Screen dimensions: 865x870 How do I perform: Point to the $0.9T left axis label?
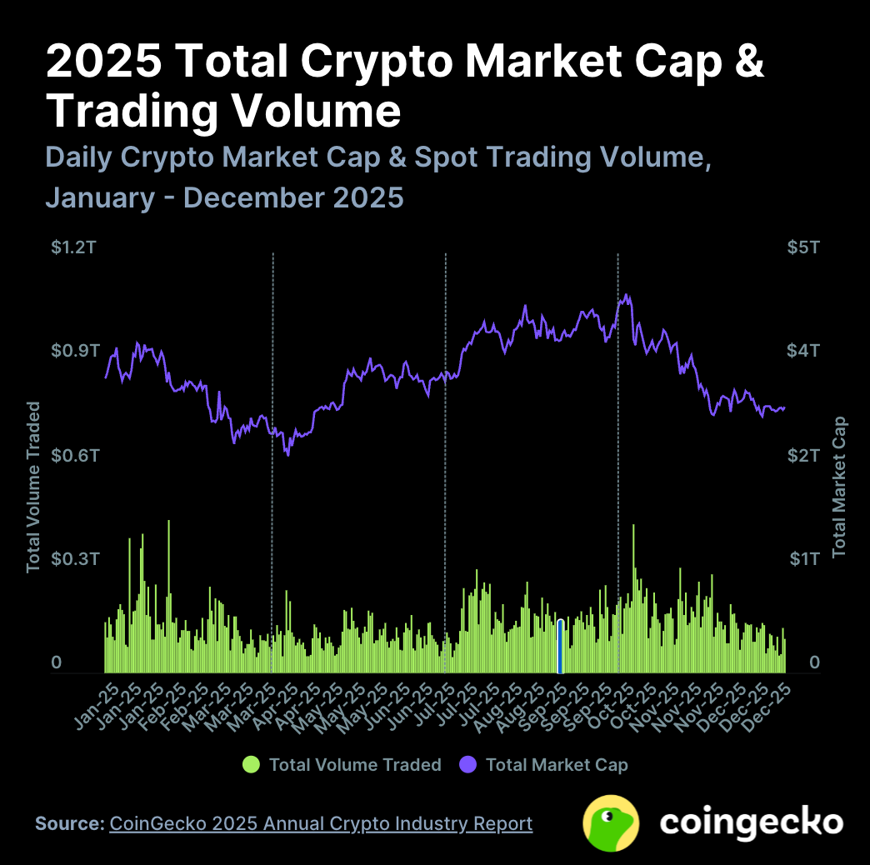point(74,350)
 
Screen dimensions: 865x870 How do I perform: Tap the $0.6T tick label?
point(74,456)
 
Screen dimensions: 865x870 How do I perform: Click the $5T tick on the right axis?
point(803,247)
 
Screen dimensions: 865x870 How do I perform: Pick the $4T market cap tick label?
point(803,350)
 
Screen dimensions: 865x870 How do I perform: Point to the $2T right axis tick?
point(803,456)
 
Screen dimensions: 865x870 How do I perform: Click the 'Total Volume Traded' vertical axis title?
point(33,487)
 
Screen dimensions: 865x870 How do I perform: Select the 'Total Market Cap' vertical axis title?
point(838,487)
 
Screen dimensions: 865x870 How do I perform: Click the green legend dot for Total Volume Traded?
point(251,764)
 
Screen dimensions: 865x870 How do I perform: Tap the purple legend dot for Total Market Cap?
point(468,764)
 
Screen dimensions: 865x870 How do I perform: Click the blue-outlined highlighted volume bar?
point(560,646)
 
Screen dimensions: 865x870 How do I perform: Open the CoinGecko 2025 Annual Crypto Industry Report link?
point(321,823)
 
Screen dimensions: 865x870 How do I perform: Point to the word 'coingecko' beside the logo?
point(752,822)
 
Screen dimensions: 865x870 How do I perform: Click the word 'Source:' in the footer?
point(69,823)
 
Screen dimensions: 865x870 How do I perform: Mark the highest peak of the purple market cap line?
point(627,295)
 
